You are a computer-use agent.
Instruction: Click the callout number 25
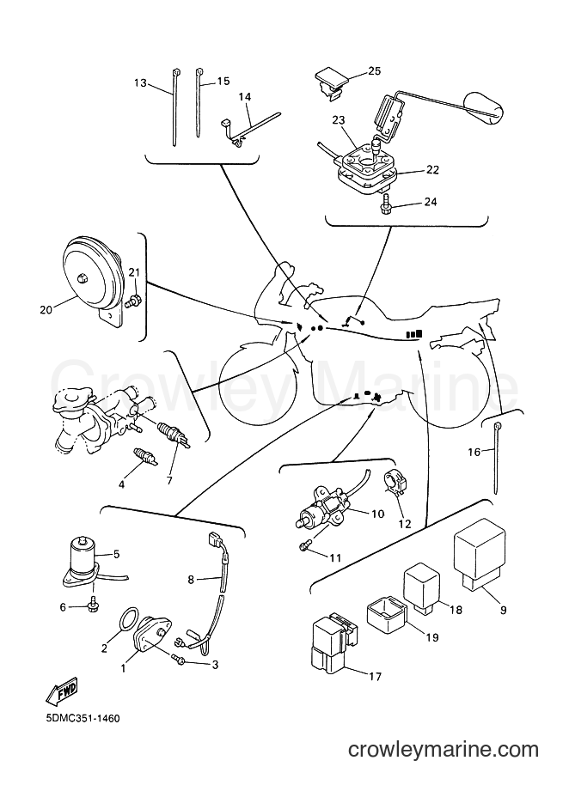tap(374, 71)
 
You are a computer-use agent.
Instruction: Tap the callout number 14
tap(244, 97)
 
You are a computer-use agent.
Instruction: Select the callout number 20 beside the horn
tap(46, 310)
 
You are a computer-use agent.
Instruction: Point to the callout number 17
tap(375, 677)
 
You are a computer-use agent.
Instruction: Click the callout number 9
tap(503, 610)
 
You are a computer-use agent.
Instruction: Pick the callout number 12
tap(404, 524)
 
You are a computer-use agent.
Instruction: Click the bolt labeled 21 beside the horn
tap(135, 301)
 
